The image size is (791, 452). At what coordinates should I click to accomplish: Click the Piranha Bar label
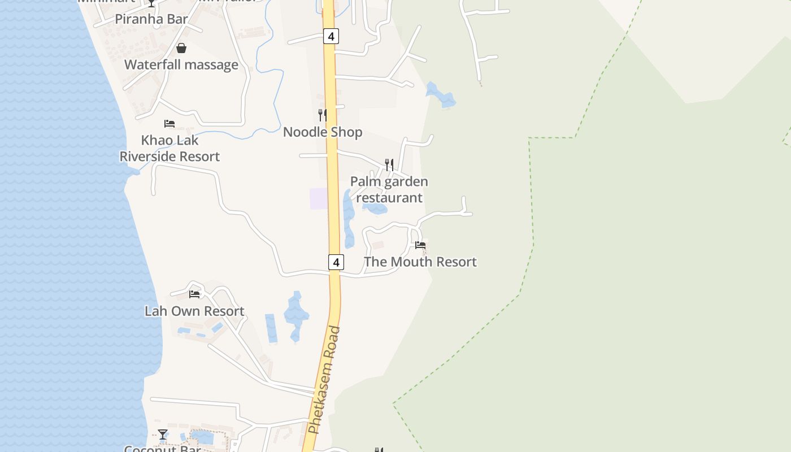pos(151,19)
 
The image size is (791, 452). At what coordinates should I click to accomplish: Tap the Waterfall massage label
pos(181,64)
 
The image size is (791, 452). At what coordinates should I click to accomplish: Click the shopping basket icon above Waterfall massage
pos(181,48)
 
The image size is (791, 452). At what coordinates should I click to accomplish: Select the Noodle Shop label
pos(323,132)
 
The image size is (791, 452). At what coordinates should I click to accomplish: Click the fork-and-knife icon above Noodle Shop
pos(323,115)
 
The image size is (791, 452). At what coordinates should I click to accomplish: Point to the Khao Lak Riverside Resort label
pos(169,148)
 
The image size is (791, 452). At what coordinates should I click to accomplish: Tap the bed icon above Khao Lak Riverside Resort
pos(169,123)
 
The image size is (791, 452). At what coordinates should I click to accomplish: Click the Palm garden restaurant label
pos(389,189)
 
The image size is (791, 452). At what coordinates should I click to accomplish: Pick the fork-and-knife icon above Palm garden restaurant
pos(389,165)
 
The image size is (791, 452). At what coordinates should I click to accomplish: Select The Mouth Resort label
pos(420,262)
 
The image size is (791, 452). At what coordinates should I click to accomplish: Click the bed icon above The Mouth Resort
pos(420,245)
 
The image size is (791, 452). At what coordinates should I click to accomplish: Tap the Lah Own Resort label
pos(194,311)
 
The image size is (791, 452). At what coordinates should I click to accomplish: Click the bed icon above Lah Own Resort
pos(194,294)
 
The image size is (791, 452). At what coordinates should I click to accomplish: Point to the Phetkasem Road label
pos(325,380)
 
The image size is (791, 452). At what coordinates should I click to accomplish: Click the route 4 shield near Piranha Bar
pos(331,36)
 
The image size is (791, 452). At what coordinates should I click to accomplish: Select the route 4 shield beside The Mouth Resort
pos(336,262)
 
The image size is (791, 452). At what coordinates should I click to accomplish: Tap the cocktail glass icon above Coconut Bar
pos(163,434)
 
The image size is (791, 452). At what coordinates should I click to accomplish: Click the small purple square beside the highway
pos(319,198)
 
